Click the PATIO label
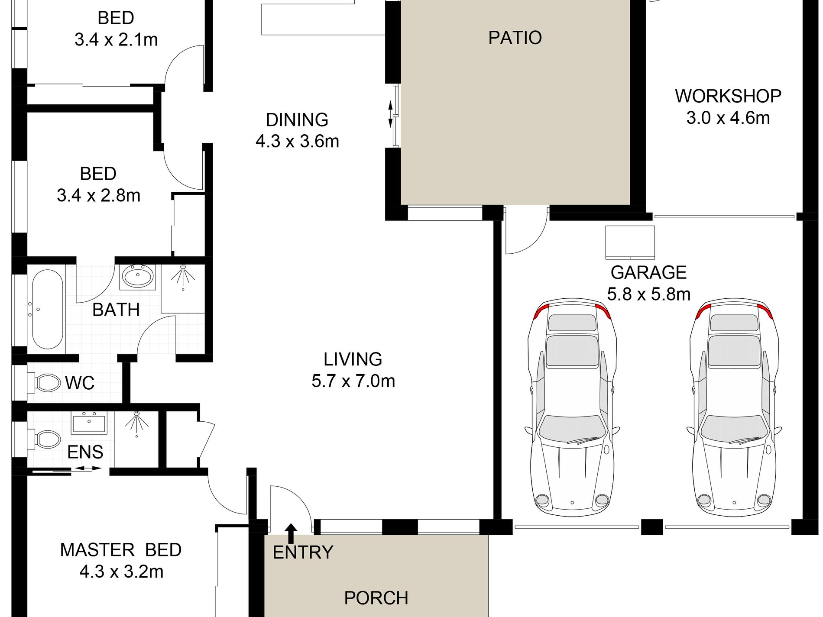[x=515, y=38]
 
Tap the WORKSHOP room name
[x=728, y=96]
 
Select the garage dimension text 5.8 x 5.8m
[x=648, y=294]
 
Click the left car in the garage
[x=572, y=407]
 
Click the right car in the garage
[x=734, y=407]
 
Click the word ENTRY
[x=303, y=552]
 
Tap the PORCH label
[x=376, y=598]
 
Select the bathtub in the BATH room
[x=48, y=310]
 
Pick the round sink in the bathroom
[x=138, y=276]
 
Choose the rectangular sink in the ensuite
[x=89, y=423]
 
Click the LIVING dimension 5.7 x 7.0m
[x=353, y=381]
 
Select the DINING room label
[x=297, y=120]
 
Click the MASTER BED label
[x=120, y=550]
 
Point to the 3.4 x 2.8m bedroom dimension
[x=99, y=196]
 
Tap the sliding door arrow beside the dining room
[x=390, y=114]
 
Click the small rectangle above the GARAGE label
[x=630, y=242]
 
